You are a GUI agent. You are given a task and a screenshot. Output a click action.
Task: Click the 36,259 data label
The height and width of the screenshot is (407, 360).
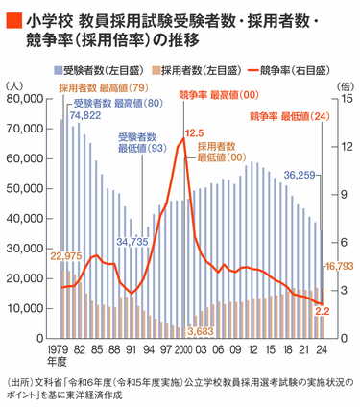point(300,176)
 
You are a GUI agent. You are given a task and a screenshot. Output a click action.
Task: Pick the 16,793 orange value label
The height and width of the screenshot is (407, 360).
point(342,266)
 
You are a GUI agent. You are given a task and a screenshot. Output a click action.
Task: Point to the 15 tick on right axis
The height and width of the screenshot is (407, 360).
point(345,99)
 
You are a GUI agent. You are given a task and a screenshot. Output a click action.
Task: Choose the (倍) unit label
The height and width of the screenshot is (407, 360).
point(346,85)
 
